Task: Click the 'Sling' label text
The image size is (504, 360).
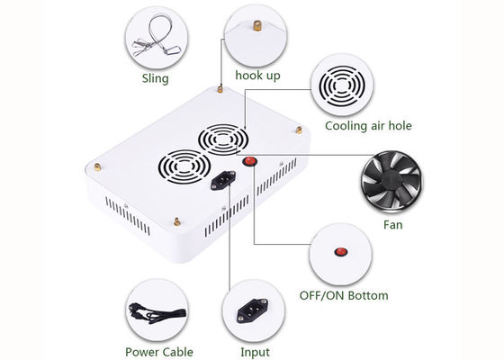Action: point(155,78)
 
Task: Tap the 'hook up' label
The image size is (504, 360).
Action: point(257,76)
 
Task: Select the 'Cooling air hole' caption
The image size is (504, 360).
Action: point(368,126)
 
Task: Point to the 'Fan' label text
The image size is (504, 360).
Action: point(392,225)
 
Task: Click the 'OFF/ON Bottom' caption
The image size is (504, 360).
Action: point(344,295)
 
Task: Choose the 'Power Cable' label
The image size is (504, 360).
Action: point(159,352)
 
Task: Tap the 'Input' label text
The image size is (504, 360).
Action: point(255,352)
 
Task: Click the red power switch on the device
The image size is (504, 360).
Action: point(250,161)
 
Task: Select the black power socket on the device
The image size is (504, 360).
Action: point(223,180)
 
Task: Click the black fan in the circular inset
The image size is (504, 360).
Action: point(391,181)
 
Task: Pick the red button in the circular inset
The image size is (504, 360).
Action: point(341,252)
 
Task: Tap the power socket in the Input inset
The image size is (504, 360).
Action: point(253,310)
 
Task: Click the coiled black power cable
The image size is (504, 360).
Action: point(157,314)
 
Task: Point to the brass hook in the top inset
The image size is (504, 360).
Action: point(256,26)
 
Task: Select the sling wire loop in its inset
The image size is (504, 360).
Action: point(157,36)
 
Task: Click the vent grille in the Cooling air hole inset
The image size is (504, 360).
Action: point(342,85)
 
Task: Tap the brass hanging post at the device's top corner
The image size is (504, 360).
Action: point(220,89)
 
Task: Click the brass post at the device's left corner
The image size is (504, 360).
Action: point(97,166)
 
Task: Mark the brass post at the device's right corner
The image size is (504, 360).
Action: point(299,130)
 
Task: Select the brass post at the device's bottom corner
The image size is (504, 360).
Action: point(176,221)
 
